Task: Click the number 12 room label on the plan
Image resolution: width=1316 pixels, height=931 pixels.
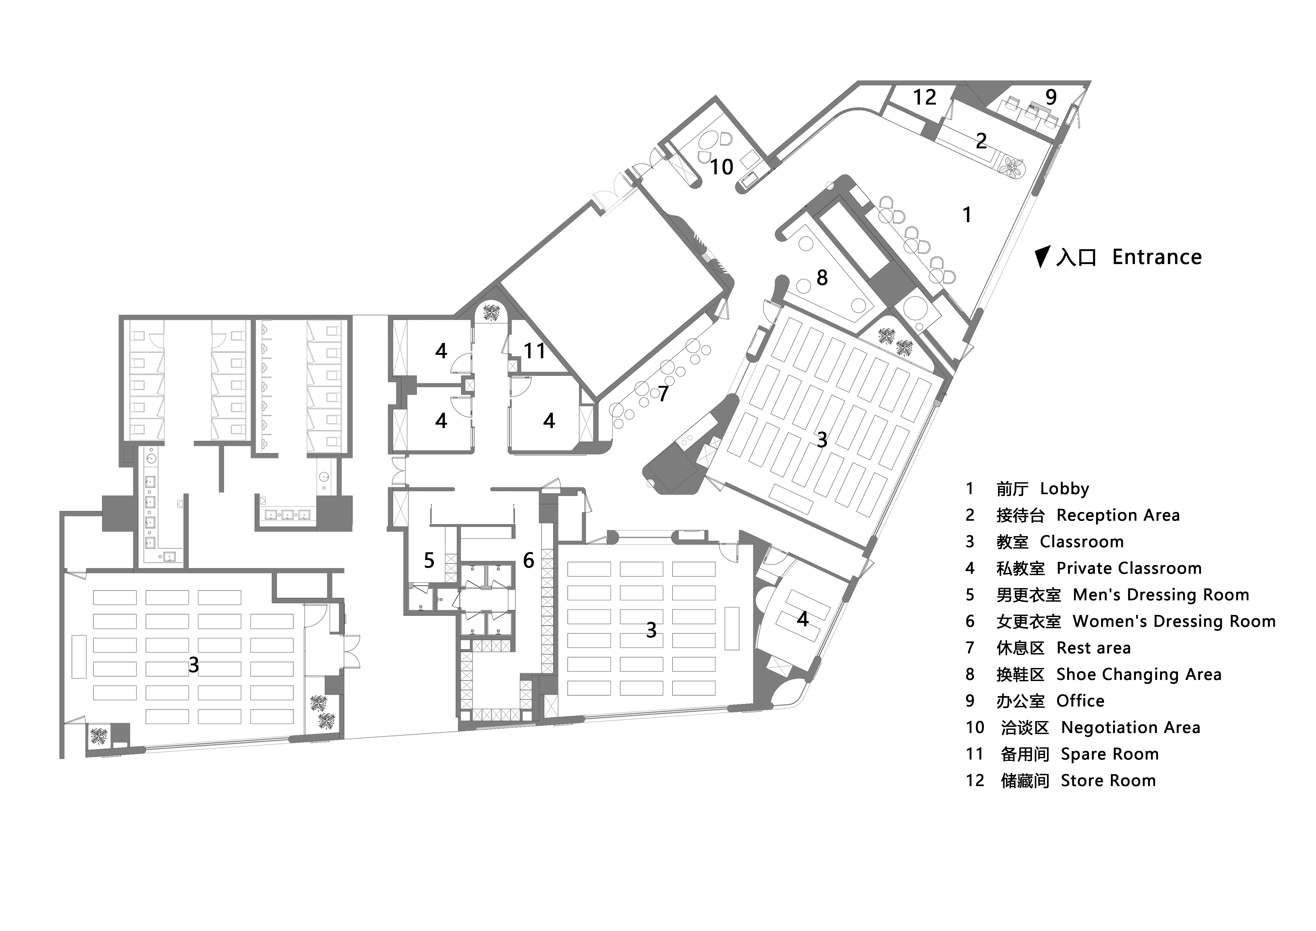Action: [924, 97]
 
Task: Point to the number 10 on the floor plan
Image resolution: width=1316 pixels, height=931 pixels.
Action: [722, 167]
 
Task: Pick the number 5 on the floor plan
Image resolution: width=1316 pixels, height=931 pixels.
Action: [429, 560]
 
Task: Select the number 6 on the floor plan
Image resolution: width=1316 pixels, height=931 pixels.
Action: [528, 560]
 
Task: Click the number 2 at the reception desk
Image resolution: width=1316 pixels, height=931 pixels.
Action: [981, 140]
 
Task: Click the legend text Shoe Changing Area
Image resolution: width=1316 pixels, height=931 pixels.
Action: [1139, 675]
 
